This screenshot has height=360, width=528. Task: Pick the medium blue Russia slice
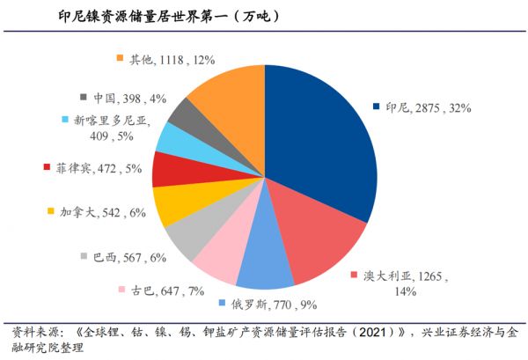(x=264, y=270)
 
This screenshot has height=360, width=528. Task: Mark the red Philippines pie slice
(x=167, y=169)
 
